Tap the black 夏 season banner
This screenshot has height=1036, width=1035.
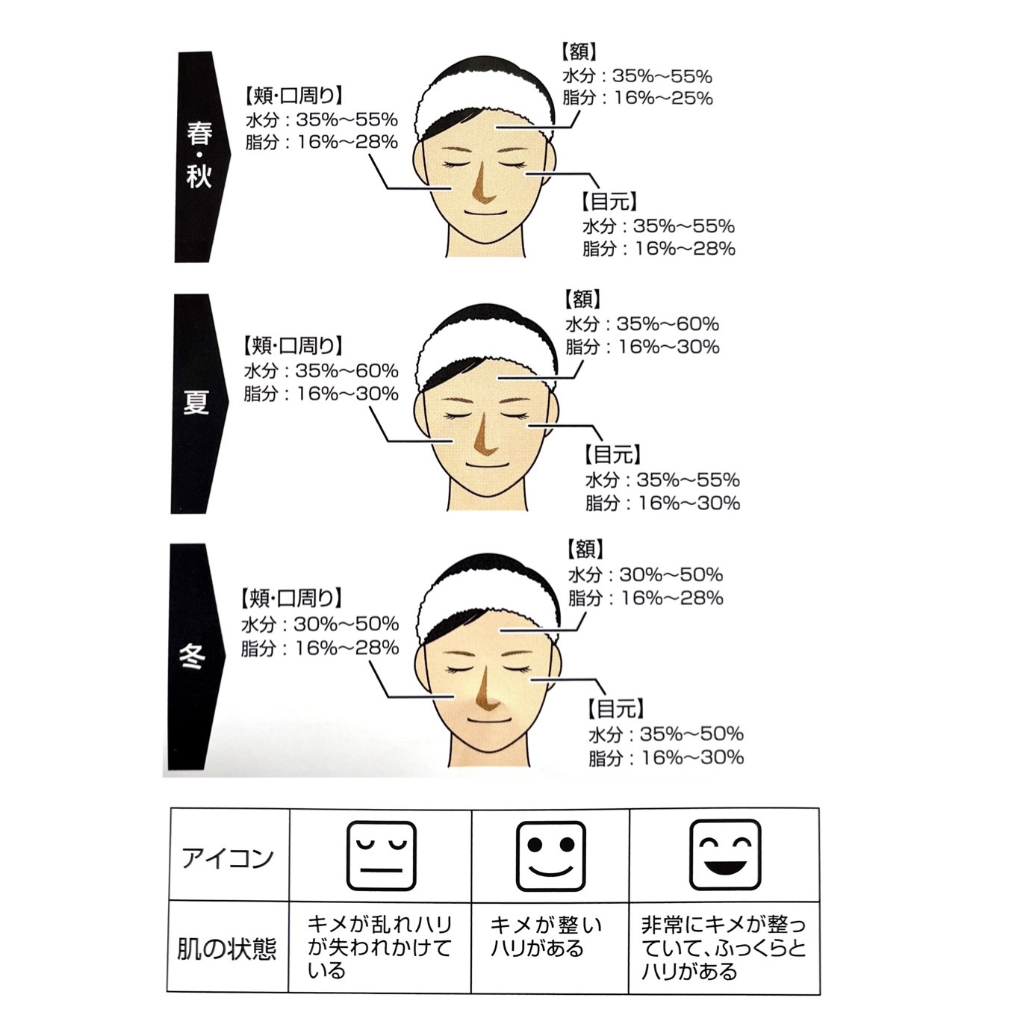pyautogui.click(x=196, y=403)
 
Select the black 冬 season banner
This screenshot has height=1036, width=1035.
pyautogui.click(x=194, y=656)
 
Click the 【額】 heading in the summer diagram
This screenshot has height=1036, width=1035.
pyautogui.click(x=583, y=300)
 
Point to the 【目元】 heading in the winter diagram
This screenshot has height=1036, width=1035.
pyautogui.click(x=616, y=708)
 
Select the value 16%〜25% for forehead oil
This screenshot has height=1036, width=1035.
pyautogui.click(x=663, y=98)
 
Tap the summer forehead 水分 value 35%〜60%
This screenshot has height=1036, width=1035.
pyautogui.click(x=668, y=324)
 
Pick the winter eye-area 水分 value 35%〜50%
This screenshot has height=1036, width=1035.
pyautogui.click(x=691, y=733)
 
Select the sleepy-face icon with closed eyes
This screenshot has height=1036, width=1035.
pyautogui.click(x=381, y=856)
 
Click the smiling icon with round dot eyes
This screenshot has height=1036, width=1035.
pyautogui.click(x=550, y=856)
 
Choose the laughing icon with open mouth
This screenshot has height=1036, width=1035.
pyautogui.click(x=724, y=856)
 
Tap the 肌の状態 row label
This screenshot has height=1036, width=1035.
pyautogui.click(x=227, y=949)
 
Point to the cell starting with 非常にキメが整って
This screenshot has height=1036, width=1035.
pyautogui.click(x=723, y=949)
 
